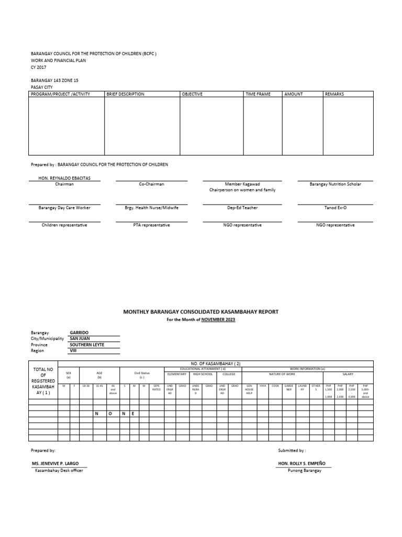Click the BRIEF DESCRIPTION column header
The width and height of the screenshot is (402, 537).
pyautogui.click(x=125, y=94)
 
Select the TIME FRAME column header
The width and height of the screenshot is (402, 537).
pyautogui.click(x=258, y=94)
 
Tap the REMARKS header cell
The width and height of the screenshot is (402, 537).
pyautogui.click(x=334, y=94)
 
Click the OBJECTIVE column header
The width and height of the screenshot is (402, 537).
pyautogui.click(x=192, y=94)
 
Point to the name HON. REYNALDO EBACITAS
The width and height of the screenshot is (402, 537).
pyautogui.click(x=64, y=178)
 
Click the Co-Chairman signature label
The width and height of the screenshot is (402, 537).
pyautogui.click(x=151, y=185)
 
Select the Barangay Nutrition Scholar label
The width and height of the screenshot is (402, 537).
pyautogui.click(x=335, y=185)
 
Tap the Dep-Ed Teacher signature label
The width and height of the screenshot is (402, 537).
pyautogui.click(x=242, y=208)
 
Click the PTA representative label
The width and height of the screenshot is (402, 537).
pyautogui.click(x=151, y=225)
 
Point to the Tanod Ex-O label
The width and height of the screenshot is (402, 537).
pyautogui.click(x=335, y=208)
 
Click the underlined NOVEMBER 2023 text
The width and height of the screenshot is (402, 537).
pyautogui.click(x=218, y=320)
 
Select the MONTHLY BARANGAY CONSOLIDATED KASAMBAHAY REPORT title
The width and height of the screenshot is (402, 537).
pyautogui.click(x=200, y=312)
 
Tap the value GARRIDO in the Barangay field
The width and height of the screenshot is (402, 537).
pyautogui.click(x=79, y=333)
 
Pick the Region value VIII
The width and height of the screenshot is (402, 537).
pyautogui.click(x=73, y=351)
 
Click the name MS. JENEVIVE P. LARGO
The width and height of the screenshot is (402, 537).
pyautogui.click(x=59, y=464)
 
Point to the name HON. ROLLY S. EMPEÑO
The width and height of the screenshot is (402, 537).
pyautogui.click(x=304, y=464)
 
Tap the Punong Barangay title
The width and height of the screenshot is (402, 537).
pyautogui.click(x=304, y=470)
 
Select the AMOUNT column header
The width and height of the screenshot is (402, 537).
pyautogui.click(x=294, y=94)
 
